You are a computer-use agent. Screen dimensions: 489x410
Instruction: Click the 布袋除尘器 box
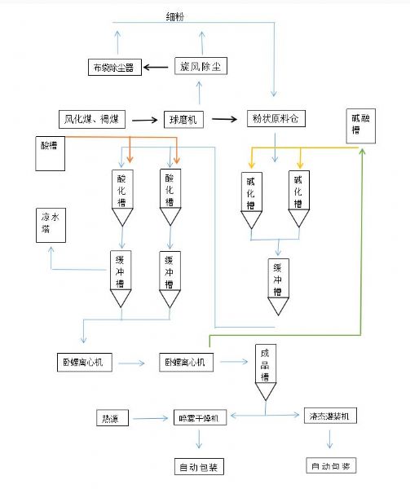(x=117, y=68)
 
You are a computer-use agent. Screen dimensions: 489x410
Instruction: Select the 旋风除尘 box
(x=199, y=68)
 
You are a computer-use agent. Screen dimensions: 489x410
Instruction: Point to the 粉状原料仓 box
(x=274, y=119)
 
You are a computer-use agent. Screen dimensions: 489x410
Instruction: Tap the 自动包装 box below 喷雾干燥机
(x=199, y=467)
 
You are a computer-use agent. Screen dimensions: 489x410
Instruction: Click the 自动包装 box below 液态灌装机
(x=332, y=467)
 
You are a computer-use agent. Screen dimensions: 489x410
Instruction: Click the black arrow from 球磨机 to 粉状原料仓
(x=228, y=119)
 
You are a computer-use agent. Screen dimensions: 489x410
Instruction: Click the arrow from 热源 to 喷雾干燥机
(x=152, y=419)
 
